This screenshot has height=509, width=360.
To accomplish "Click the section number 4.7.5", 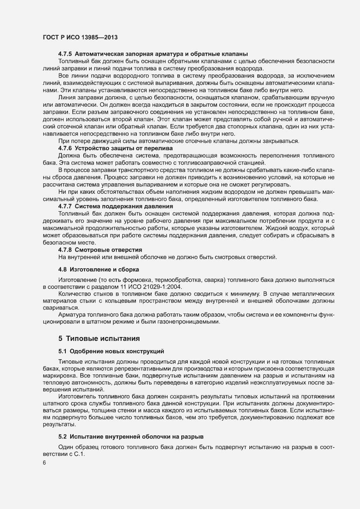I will click(65, 54).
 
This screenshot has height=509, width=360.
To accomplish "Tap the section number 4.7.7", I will click(65, 206).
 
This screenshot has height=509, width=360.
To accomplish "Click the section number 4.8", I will click(63, 270).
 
